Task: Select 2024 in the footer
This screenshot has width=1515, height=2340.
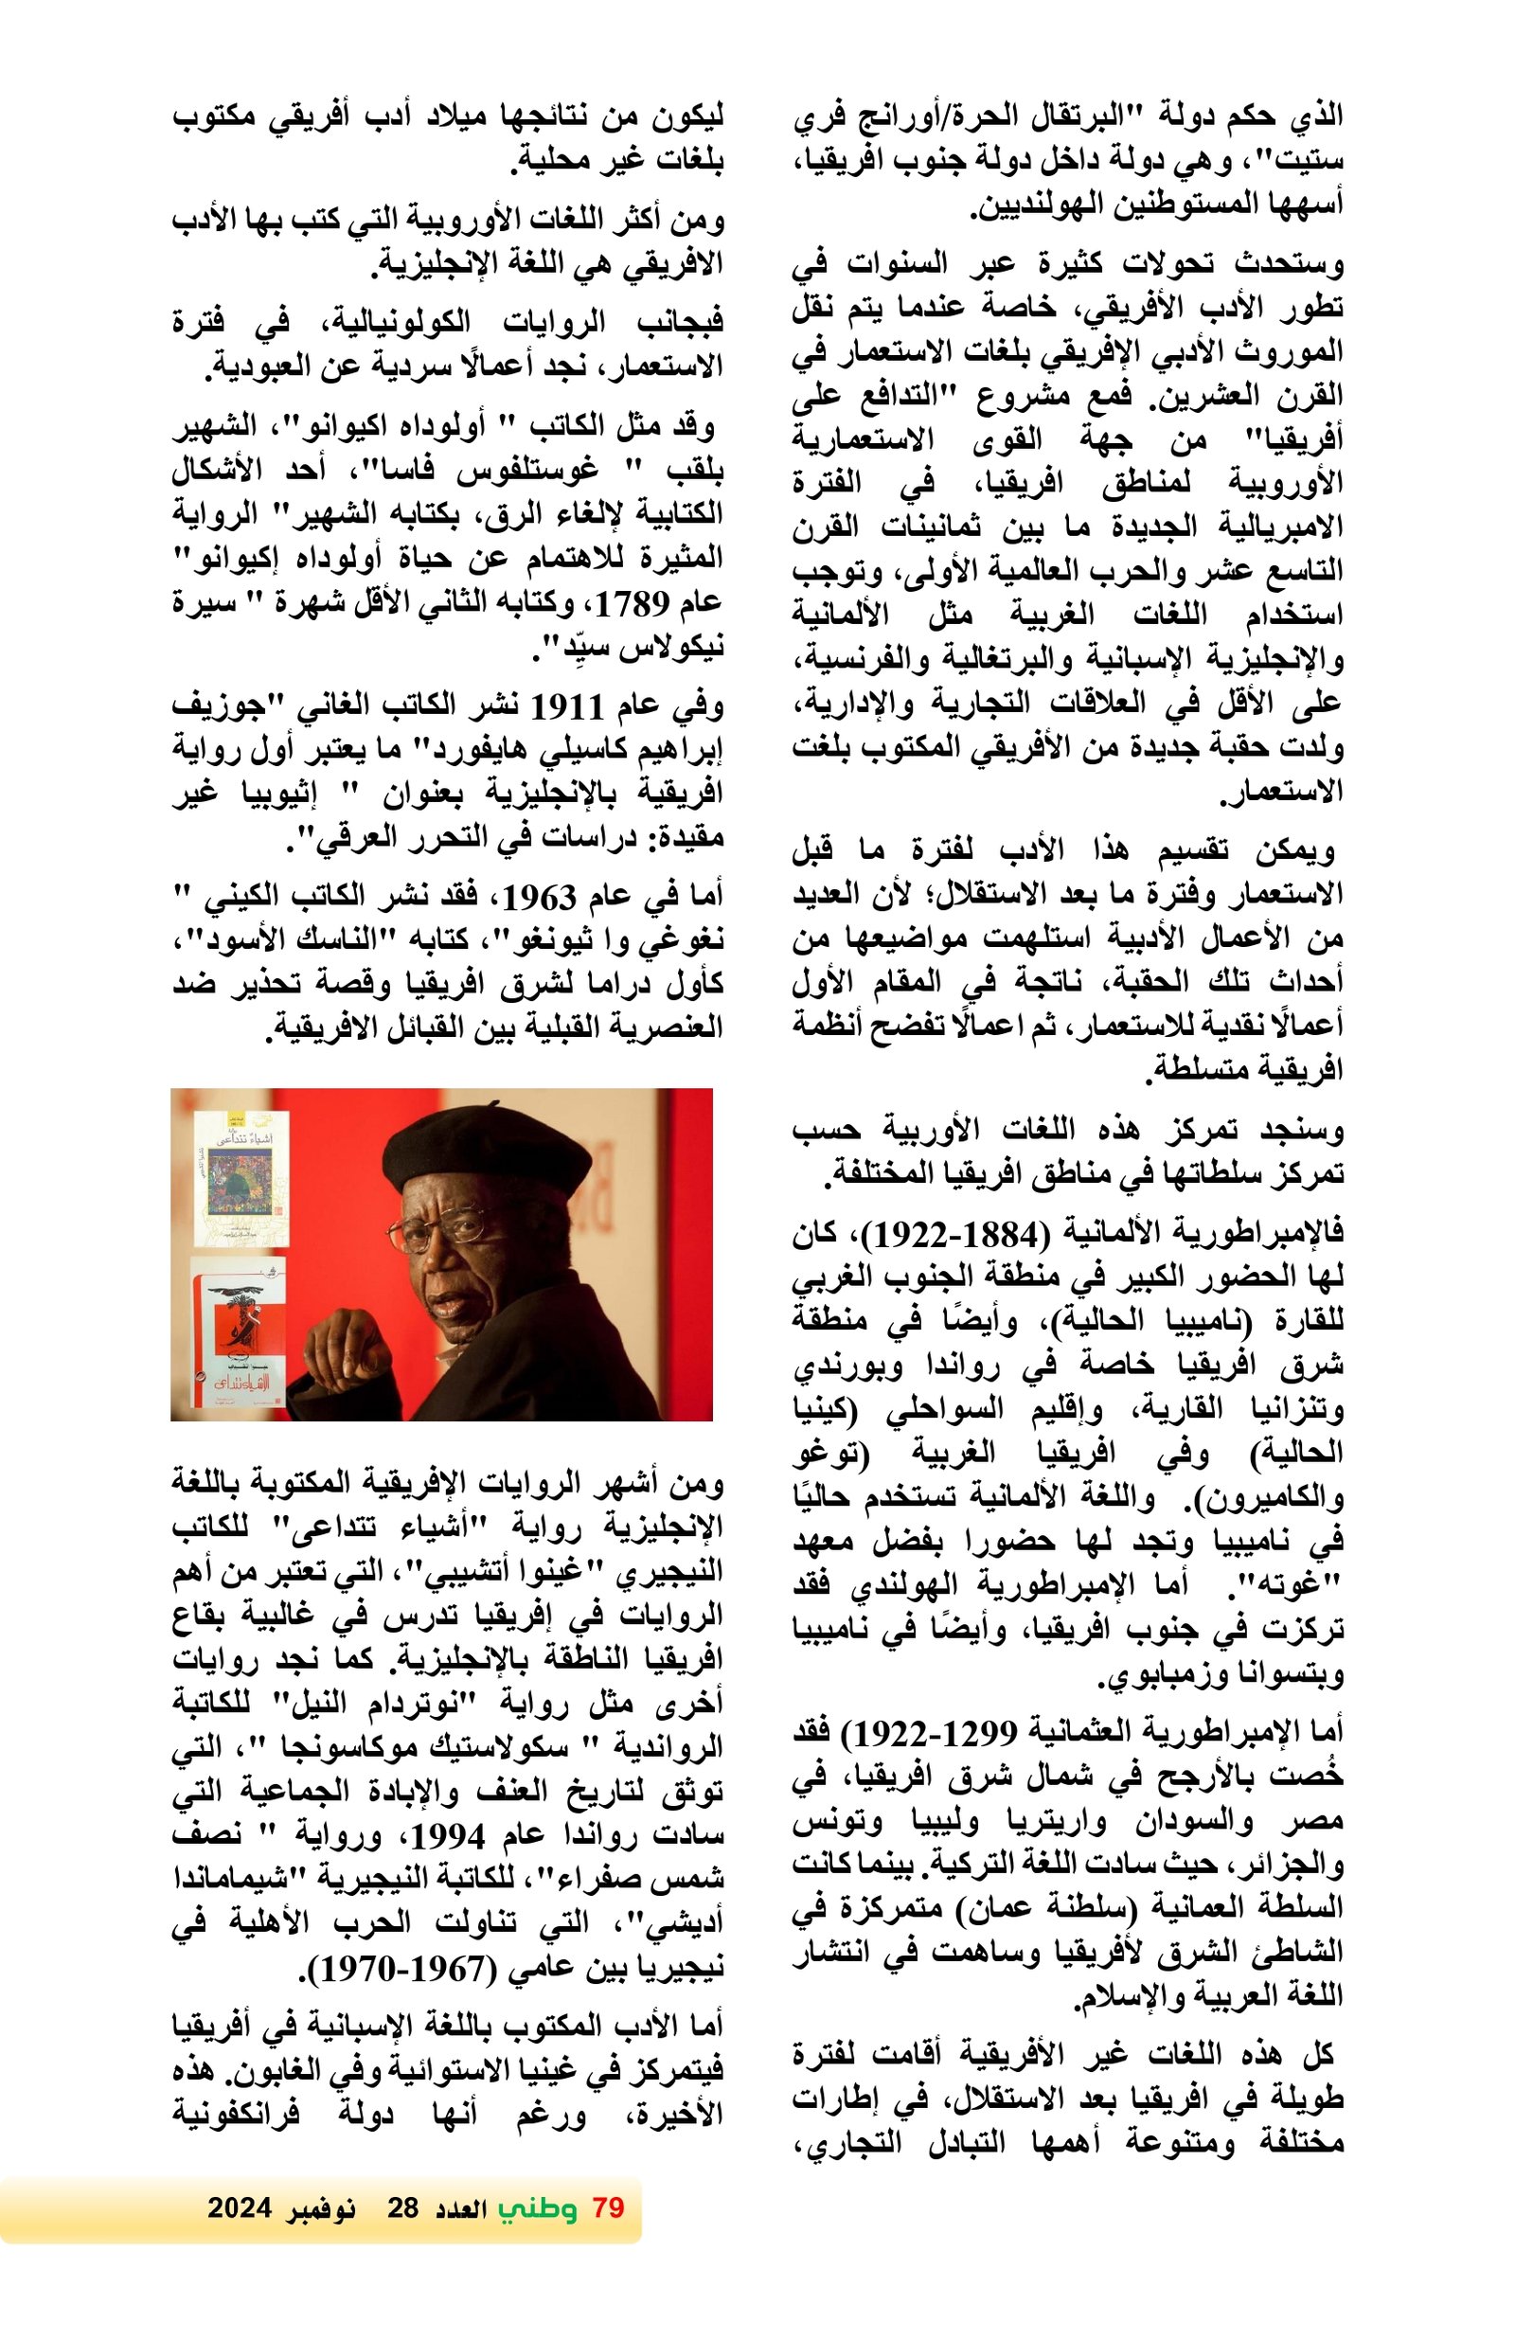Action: (x=239, y=2207)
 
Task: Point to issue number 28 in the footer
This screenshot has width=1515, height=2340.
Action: (x=402, y=2207)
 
